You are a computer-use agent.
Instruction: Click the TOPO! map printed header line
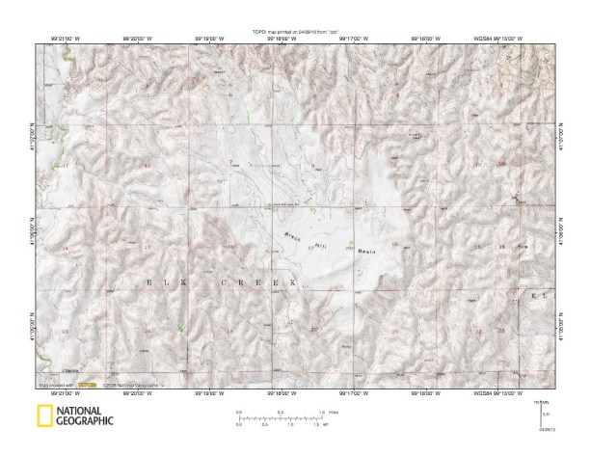(296, 32)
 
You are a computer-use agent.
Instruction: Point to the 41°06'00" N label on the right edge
(563, 231)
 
